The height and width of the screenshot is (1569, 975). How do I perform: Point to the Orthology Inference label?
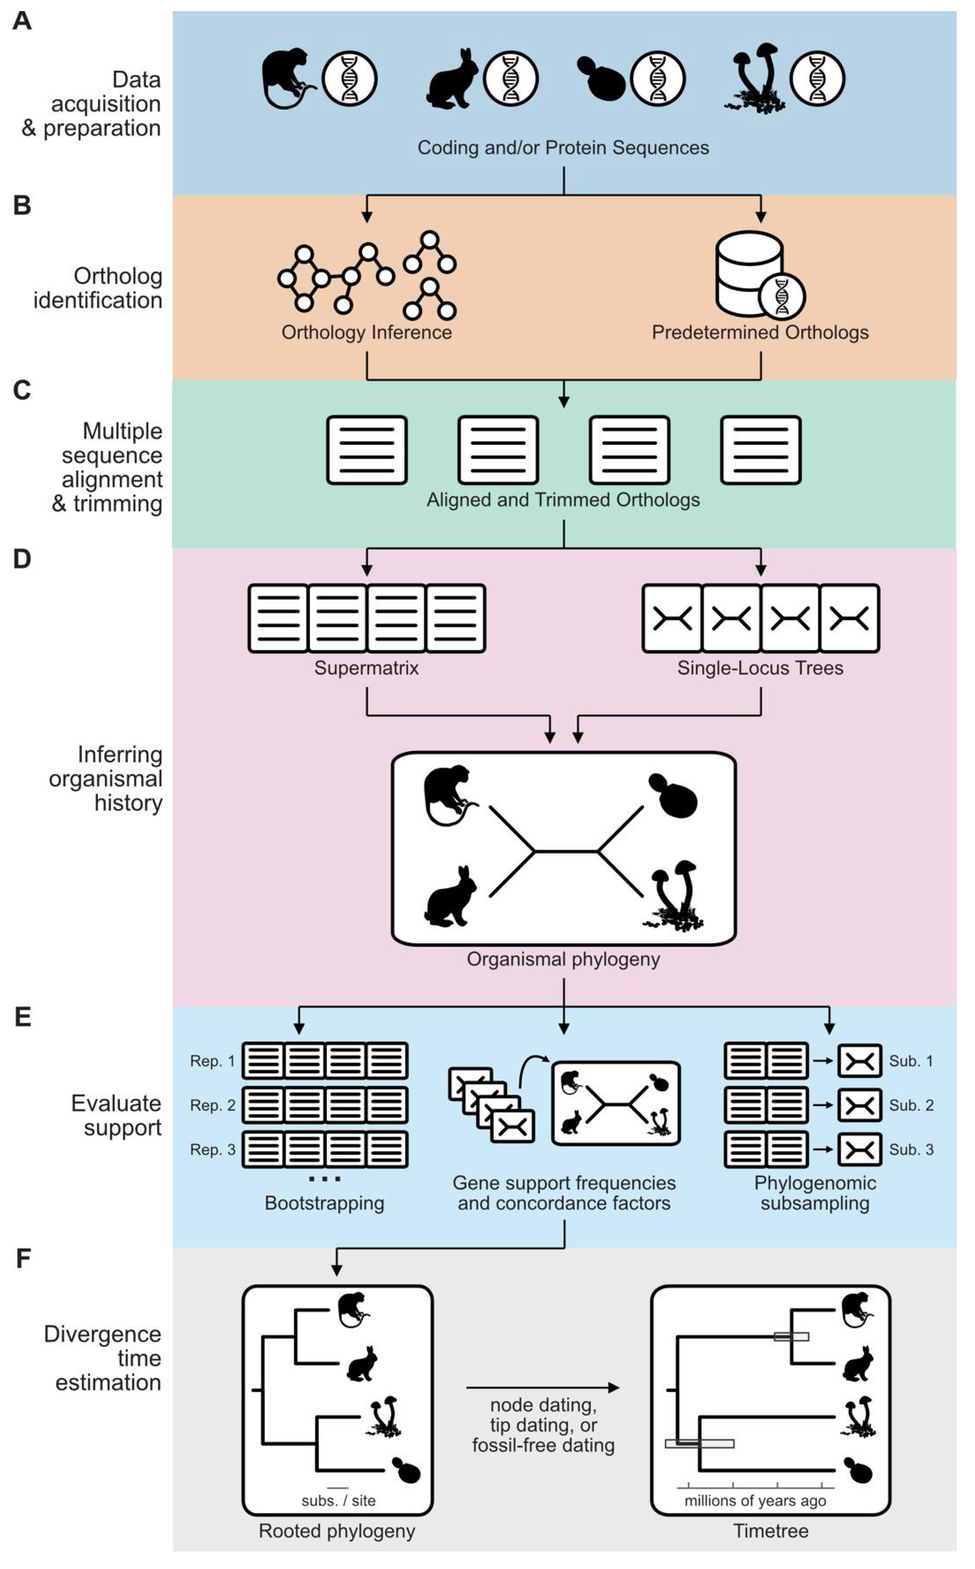click(366, 332)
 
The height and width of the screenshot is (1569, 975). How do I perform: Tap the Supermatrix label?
click(366, 668)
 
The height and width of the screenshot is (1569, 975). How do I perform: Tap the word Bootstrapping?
click(324, 1203)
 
